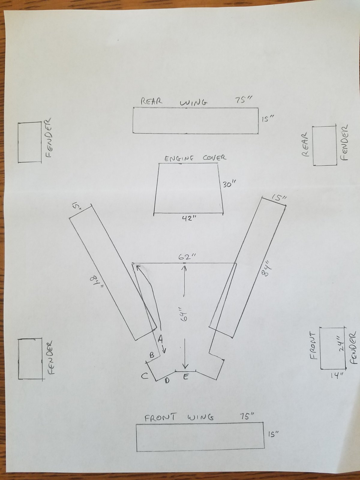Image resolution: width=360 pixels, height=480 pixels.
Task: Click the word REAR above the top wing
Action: (x=151, y=101)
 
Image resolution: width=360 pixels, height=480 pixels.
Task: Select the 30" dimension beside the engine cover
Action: (x=229, y=184)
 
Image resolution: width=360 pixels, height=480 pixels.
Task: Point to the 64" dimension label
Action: (x=185, y=315)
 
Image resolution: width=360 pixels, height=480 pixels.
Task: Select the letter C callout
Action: (x=145, y=376)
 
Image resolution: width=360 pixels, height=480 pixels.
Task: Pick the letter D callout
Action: (x=167, y=381)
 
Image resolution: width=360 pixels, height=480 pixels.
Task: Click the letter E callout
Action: (x=186, y=376)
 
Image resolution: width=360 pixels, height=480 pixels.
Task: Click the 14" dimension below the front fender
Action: (x=337, y=376)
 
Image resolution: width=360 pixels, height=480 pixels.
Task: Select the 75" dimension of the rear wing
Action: (x=243, y=100)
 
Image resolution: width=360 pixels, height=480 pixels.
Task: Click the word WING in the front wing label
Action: (x=200, y=418)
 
